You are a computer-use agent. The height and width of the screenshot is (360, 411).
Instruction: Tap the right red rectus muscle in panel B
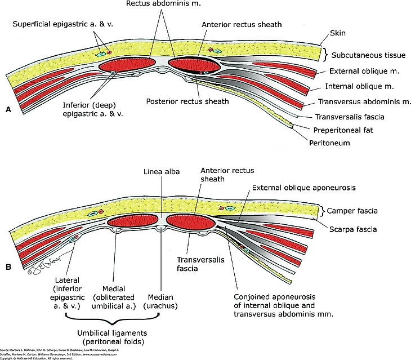point(191,222)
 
